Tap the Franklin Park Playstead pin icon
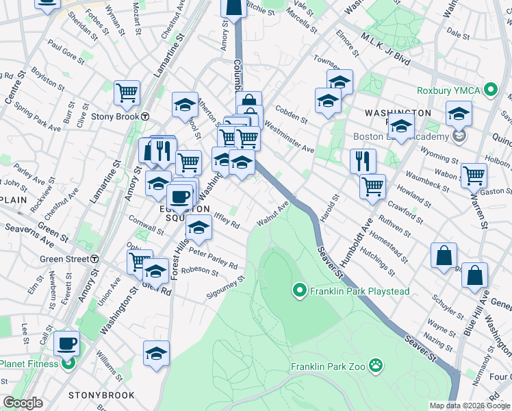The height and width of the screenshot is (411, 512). pyautogui.click(x=298, y=291)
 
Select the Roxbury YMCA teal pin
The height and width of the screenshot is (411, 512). pyautogui.click(x=490, y=90)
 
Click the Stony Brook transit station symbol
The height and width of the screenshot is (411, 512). pyautogui.click(x=145, y=116)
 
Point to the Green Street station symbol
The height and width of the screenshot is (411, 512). pyautogui.click(x=94, y=259)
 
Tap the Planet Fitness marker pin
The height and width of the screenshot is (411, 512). pyautogui.click(x=68, y=362)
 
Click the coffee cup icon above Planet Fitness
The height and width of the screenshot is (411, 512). pyautogui.click(x=66, y=343)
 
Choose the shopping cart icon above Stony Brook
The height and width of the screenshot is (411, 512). pyautogui.click(x=127, y=93)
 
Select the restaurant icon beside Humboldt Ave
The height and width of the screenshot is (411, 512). pyautogui.click(x=363, y=161)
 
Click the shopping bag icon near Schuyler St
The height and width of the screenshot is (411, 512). pyautogui.click(x=444, y=255)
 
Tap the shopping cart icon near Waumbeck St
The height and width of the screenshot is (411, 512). pyautogui.click(x=474, y=175)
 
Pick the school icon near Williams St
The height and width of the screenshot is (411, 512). pyautogui.click(x=156, y=353)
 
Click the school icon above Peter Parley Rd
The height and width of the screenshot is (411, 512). pyautogui.click(x=199, y=228)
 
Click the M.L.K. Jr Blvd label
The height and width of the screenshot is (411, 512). pyautogui.click(x=387, y=52)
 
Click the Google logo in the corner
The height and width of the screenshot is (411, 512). pyautogui.click(x=23, y=403)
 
